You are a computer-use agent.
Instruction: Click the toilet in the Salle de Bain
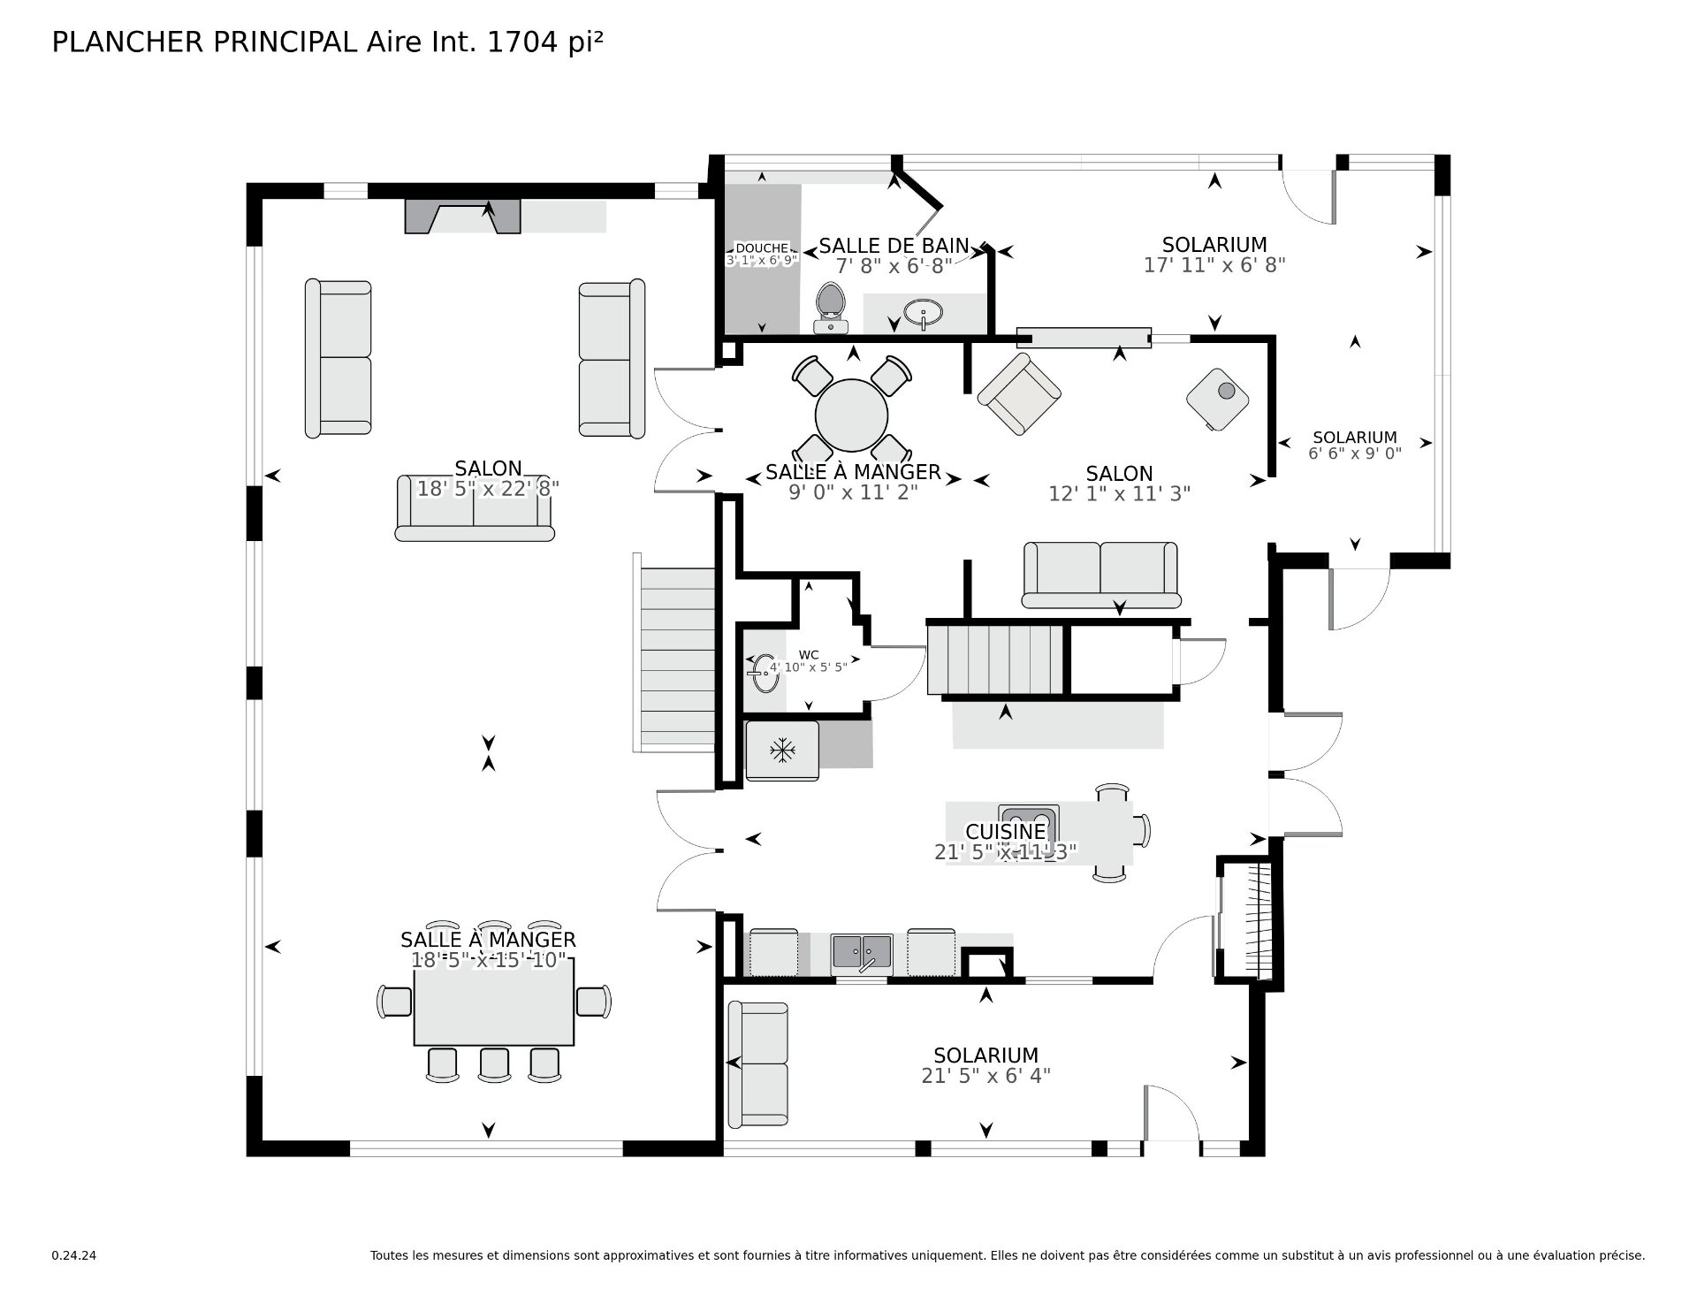click(x=830, y=306)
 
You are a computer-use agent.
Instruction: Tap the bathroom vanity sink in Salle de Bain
click(x=924, y=312)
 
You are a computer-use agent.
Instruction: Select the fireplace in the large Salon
click(x=462, y=217)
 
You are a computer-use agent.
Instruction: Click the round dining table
click(x=851, y=416)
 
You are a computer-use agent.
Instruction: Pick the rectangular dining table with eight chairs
click(x=494, y=1001)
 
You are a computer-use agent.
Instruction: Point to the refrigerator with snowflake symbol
click(x=782, y=751)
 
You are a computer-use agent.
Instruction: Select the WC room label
click(x=808, y=655)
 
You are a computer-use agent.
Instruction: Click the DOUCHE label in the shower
click(x=761, y=248)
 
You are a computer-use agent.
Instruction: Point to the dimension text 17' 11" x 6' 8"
click(x=1214, y=265)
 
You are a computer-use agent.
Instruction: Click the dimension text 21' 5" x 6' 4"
click(x=985, y=1076)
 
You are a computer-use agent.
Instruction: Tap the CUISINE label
click(x=1005, y=832)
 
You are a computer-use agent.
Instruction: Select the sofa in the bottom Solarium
click(x=757, y=1064)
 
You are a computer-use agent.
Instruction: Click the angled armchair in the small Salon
click(x=1018, y=395)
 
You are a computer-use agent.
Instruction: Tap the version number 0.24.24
click(x=74, y=1255)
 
